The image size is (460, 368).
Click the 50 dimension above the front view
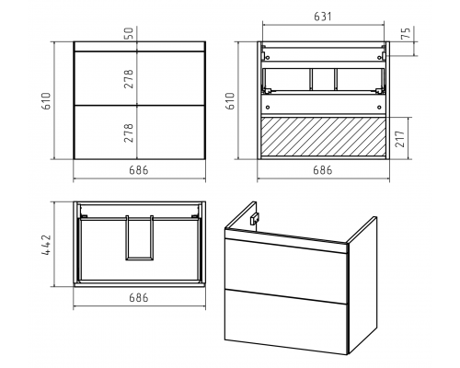pos(130,33)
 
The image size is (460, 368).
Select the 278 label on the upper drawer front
pos(129,79)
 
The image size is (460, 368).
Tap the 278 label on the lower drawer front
pos(129,132)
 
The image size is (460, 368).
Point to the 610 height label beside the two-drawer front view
pos(46,101)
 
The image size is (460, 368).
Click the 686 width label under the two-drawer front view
pos(139,170)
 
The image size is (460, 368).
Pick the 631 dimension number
pos(323,17)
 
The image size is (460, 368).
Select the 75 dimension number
pos(405,32)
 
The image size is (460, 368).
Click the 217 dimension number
pos(400,139)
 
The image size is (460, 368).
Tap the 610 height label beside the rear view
pos(230,101)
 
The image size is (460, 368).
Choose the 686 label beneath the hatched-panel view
pos(323,170)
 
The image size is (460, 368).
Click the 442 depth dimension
pos(46,245)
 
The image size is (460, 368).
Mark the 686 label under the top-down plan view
pos(139,297)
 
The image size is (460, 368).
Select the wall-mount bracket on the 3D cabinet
pos(255,217)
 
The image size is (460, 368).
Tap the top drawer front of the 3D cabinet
pos(286,266)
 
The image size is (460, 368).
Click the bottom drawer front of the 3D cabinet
pos(286,322)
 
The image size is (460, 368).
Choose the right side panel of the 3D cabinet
pos(362,285)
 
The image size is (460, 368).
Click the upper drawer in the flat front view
pos(140,78)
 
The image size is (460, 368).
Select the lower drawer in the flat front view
pos(140,132)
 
